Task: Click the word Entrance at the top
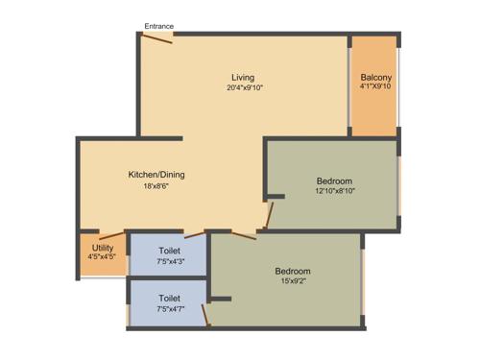[x=158, y=25]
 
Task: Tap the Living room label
[x=244, y=77]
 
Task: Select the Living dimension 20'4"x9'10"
[x=244, y=87]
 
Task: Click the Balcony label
[x=375, y=77]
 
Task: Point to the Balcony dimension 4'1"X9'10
[x=375, y=87]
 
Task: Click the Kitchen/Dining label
[x=156, y=175]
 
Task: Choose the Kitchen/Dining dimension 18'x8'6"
[x=156, y=187]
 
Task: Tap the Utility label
[x=102, y=247]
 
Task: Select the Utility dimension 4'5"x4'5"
[x=102, y=257]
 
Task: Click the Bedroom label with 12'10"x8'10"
[x=334, y=180]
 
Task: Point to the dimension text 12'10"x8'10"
[x=334, y=192]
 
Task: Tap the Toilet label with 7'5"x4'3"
[x=169, y=250]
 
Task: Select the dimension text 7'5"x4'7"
[x=169, y=309]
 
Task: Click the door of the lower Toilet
[x=204, y=314]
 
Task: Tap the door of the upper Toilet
[x=195, y=233]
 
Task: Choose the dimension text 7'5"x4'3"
[x=169, y=260]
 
